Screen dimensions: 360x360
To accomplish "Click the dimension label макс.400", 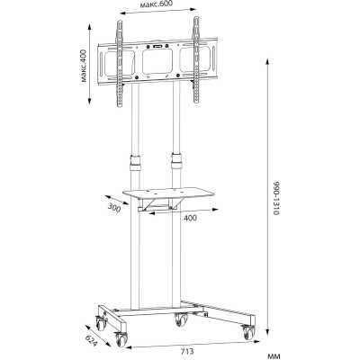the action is (x=84, y=66).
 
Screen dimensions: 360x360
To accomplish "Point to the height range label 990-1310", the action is (x=276, y=198).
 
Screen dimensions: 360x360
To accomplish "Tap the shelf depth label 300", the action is (x=114, y=208).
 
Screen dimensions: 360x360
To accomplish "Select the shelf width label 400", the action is (x=190, y=218).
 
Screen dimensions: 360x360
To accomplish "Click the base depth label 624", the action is (x=91, y=340).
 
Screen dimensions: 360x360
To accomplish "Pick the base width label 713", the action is (x=187, y=351).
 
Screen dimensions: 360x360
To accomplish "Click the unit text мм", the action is (x=274, y=356).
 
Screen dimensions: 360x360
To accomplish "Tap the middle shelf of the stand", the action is (x=168, y=193).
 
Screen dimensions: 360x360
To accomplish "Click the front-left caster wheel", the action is (x=121, y=339).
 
